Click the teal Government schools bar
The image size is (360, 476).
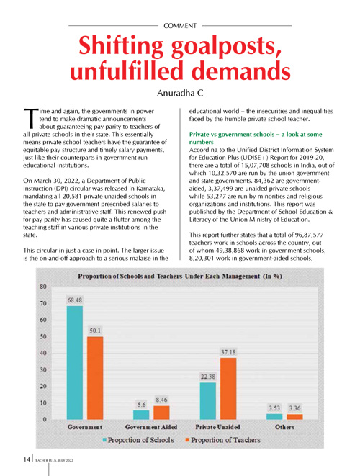(74, 362)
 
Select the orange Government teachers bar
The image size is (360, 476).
(95, 378)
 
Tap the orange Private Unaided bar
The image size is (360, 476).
(228, 389)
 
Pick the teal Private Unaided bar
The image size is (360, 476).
(208, 401)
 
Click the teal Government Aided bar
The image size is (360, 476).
(141, 415)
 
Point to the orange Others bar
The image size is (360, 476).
(294, 417)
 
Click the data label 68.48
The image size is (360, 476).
(75, 300)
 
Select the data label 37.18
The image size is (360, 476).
(228, 352)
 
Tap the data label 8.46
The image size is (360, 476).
(161, 400)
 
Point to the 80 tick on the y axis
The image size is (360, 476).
(43, 287)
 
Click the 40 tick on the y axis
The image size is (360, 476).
(43, 353)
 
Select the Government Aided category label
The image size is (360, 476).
(151, 427)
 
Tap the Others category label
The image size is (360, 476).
(284, 427)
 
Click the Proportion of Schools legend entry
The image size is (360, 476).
(138, 440)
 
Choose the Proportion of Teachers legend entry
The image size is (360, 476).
(222, 440)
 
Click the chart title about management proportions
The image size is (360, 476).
(180, 276)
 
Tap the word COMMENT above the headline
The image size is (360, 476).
(180, 26)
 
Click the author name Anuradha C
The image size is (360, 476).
(180, 93)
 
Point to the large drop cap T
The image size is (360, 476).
(31, 118)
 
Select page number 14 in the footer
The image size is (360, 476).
(27, 459)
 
